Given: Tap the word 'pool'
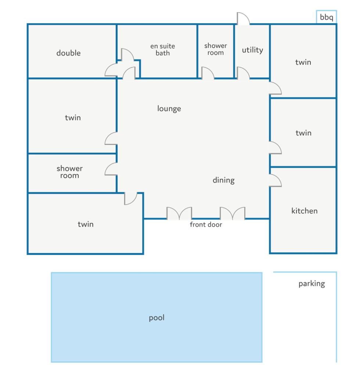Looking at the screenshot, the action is click(156, 318).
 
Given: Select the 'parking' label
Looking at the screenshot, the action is click(312, 284).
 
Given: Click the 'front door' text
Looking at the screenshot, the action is click(206, 225).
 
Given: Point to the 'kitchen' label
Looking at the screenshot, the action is click(304, 211).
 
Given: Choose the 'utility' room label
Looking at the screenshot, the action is click(252, 50).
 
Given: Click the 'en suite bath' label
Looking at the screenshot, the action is click(163, 50).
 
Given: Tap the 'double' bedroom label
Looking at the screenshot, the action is click(68, 53).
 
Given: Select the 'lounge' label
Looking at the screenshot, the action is click(169, 109).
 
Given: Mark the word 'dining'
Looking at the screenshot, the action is click(224, 180).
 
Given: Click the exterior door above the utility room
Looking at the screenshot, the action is click(243, 18).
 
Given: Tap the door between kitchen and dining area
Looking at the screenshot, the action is click(275, 180).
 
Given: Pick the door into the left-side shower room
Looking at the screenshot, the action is click(111, 169).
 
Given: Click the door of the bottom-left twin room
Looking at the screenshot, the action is click(131, 199).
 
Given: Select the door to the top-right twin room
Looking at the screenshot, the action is click(275, 88).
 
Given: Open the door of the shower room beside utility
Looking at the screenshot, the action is click(208, 73).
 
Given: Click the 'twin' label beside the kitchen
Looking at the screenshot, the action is click(303, 133).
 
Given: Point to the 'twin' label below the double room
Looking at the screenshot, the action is click(73, 118).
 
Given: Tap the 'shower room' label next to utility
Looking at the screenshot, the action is click(215, 49).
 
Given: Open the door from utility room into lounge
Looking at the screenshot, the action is click(243, 73).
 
